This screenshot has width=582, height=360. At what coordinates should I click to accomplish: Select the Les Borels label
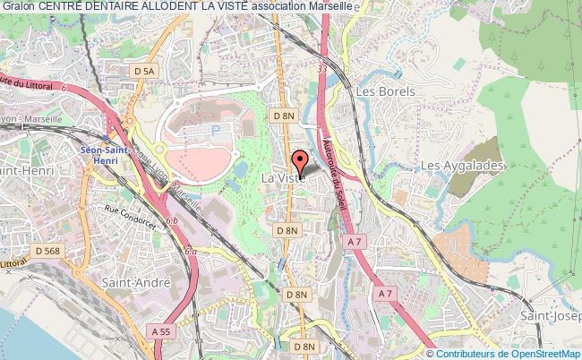tap(381, 91)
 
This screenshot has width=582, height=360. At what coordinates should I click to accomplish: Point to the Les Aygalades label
tap(462, 166)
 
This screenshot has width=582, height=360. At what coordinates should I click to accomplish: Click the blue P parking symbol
tap(215, 129)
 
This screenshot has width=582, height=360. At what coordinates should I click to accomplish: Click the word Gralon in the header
tap(18, 7)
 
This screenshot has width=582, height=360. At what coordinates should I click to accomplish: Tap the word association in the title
tap(277, 7)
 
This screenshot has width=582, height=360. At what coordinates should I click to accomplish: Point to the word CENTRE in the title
tap(60, 7)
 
